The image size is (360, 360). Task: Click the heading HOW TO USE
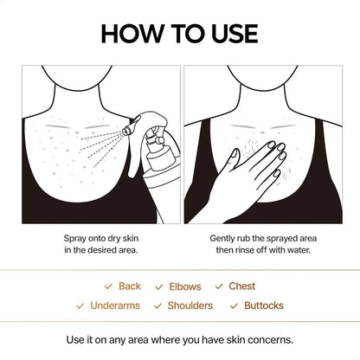click(179, 33)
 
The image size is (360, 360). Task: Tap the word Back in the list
click(130, 286)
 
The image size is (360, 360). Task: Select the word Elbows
click(186, 286)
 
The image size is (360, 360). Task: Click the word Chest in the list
click(242, 286)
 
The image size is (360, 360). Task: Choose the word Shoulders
click(190, 305)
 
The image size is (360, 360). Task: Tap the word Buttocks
click(263, 305)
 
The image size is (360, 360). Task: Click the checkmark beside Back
click(108, 286)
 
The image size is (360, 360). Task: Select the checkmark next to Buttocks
click(235, 305)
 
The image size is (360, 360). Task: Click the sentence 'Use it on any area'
click(179, 338)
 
